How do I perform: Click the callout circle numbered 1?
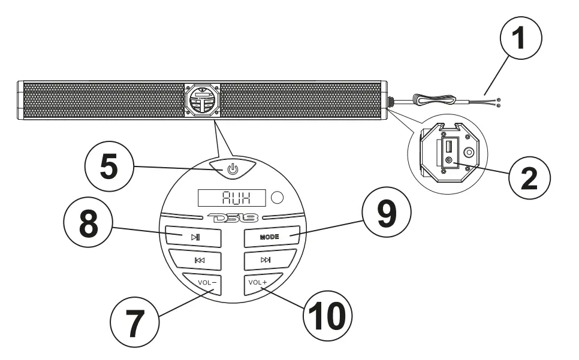click(x=520, y=40)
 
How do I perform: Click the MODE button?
click(x=271, y=237)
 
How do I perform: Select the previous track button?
click(x=195, y=260)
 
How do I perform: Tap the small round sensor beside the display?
click(x=278, y=196)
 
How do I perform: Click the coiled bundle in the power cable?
click(x=431, y=101)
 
